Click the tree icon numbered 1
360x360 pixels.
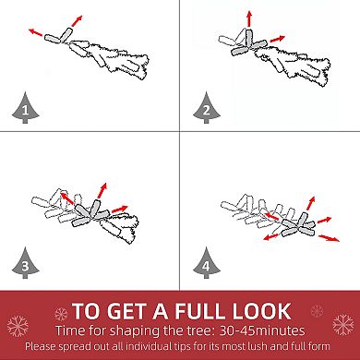click(x=26, y=108)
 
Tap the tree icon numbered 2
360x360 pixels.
click(x=207, y=108)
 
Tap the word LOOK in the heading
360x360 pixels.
click(x=262, y=311)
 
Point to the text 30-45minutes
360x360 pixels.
click(x=262, y=330)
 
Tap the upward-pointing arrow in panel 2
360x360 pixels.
click(x=249, y=19)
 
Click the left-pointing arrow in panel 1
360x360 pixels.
click(x=36, y=32)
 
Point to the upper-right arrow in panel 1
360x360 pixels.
click(x=77, y=20)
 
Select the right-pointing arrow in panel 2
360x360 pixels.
click(x=277, y=39)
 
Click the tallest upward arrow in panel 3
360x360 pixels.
click(x=102, y=190)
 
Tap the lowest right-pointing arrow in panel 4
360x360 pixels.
click(x=329, y=238)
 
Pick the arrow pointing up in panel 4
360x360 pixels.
click(x=311, y=203)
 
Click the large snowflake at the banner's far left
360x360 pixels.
click(x=18, y=326)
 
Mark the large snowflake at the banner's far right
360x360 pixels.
click(x=343, y=324)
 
